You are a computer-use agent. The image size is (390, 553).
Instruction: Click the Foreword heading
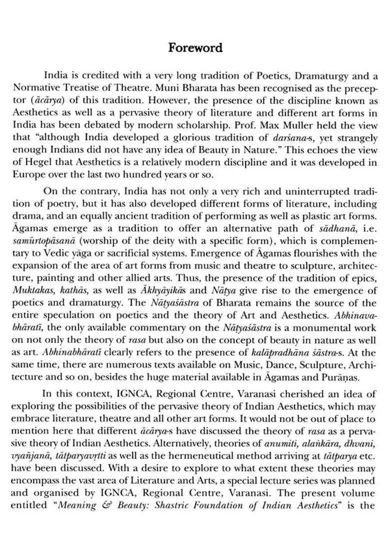(195, 48)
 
